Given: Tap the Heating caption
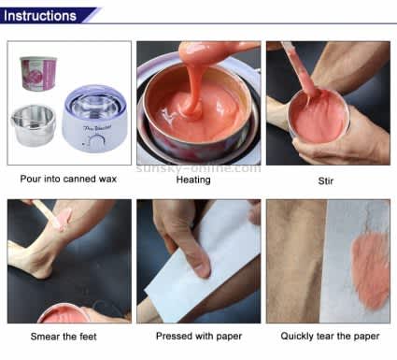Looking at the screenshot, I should tap(193, 180).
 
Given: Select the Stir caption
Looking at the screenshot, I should tap(327, 180).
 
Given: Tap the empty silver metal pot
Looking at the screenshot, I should tap(35, 125).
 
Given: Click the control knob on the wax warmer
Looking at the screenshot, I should tap(95, 141).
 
